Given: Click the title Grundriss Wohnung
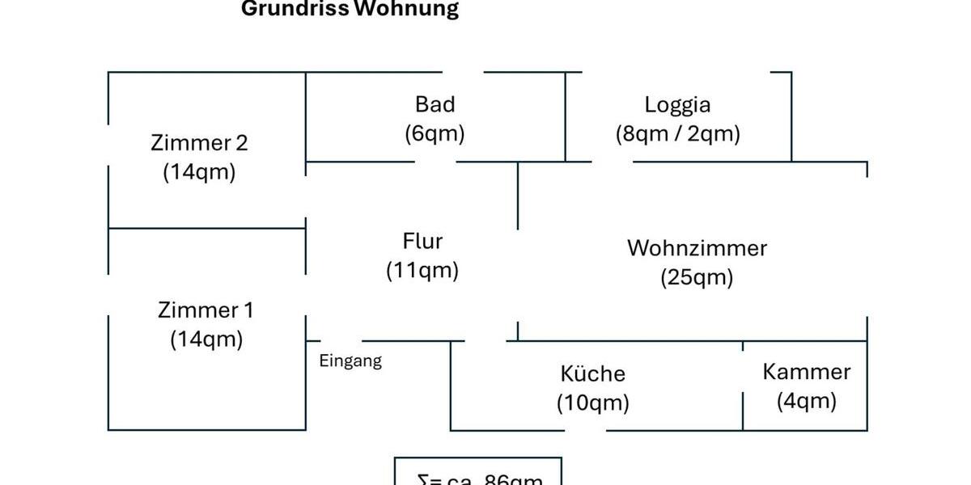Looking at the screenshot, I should click(350, 9).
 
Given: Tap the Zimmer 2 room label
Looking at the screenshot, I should click(199, 143).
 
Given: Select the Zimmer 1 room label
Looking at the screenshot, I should click(206, 310).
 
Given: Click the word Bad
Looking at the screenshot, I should click(435, 104).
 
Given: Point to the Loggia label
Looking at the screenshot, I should click(677, 104).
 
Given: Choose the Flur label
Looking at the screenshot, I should click(422, 241).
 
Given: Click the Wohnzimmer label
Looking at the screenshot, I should click(697, 247).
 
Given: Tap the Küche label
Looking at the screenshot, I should click(592, 373).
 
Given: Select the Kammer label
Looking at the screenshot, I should click(806, 372).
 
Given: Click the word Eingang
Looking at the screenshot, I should click(350, 361).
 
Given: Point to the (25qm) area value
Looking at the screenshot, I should click(697, 277).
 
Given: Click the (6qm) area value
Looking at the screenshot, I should click(435, 133).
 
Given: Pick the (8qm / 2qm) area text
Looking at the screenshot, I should click(677, 133).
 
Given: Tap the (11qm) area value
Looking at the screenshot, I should click(422, 270).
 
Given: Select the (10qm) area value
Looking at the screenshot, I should click(592, 403).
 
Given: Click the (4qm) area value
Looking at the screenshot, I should click(806, 401).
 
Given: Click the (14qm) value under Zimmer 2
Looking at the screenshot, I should click(199, 172).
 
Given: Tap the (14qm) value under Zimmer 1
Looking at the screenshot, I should click(206, 339).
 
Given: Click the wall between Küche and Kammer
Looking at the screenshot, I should click(743, 386).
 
